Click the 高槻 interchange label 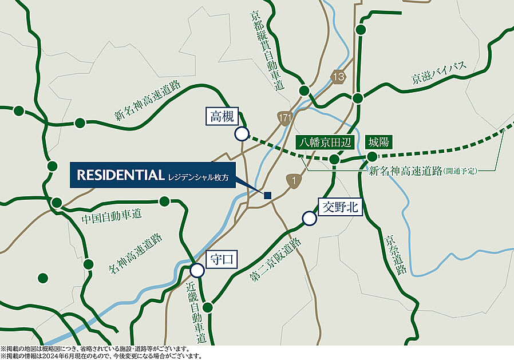(222, 117)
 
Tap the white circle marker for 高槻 (242, 134)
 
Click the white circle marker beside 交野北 (309, 218)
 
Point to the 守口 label (220, 259)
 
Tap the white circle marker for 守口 (197, 270)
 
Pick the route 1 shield (294, 181)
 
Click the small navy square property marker (267, 195)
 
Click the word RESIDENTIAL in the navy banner (121, 175)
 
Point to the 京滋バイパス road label (439, 76)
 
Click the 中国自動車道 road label (112, 217)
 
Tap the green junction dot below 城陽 (373, 156)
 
